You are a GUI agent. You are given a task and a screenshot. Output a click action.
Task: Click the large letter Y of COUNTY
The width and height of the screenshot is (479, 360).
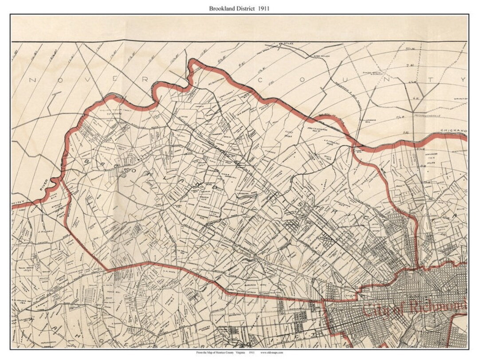point(463,80)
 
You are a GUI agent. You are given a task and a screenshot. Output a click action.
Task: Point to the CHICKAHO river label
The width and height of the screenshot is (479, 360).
point(454,131)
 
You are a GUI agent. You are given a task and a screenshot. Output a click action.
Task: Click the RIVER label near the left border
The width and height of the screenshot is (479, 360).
point(45,185)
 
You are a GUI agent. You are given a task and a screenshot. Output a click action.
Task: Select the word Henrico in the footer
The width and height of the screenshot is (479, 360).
point(227,353)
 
